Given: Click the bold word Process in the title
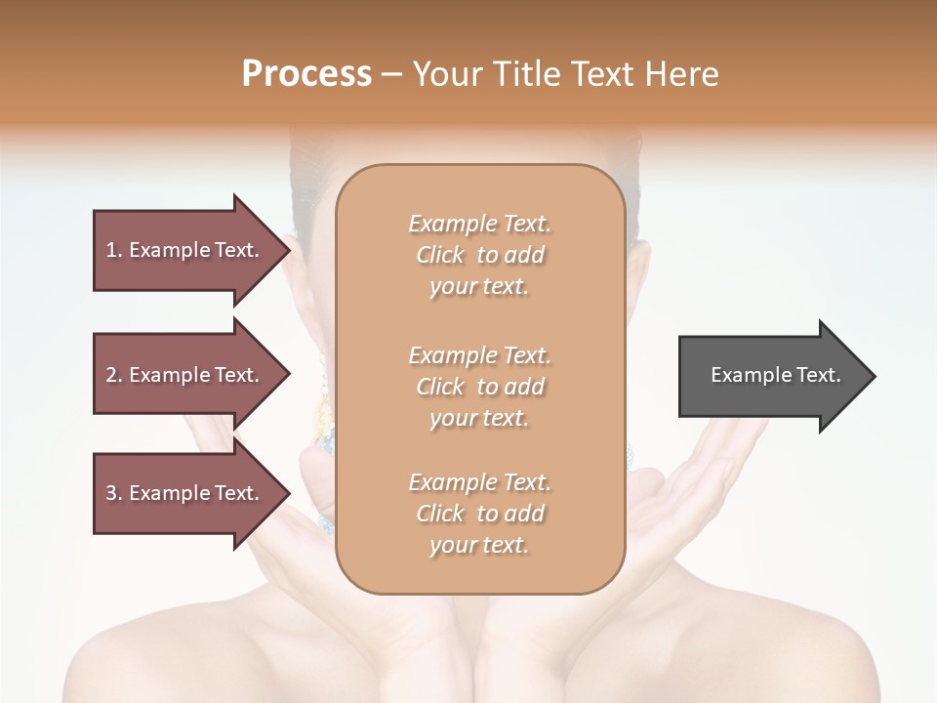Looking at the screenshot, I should pos(306,74).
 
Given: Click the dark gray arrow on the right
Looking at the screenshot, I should pos(771,376).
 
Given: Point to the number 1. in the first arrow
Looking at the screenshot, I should pos(114,250).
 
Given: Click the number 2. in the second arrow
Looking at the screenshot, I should pos(114,375).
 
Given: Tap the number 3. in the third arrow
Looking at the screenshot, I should pos(114,493).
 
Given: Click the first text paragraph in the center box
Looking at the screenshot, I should pos(479,255).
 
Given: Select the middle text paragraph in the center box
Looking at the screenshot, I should pos(479,387).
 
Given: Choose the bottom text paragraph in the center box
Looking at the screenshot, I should pos(479,514).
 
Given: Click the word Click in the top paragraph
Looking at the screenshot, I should pos(440,255).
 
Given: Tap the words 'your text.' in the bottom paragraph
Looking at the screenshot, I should pos(479,545).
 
